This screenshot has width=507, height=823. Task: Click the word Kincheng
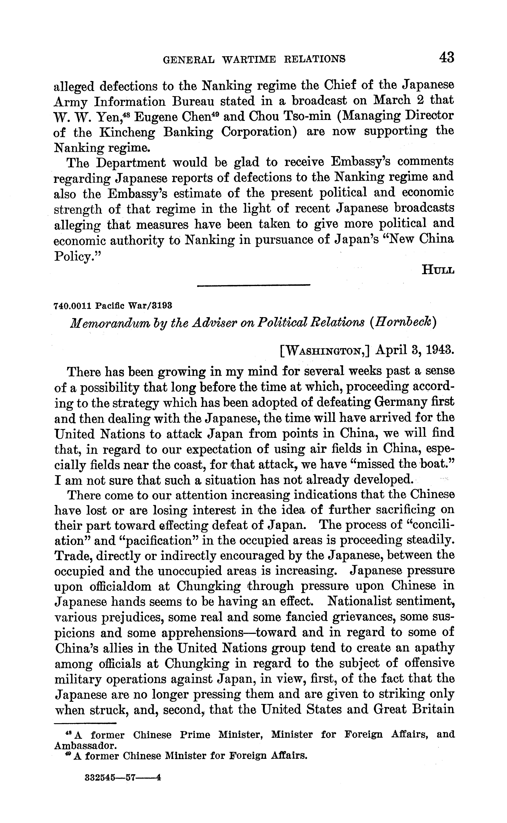[x=127, y=132]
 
